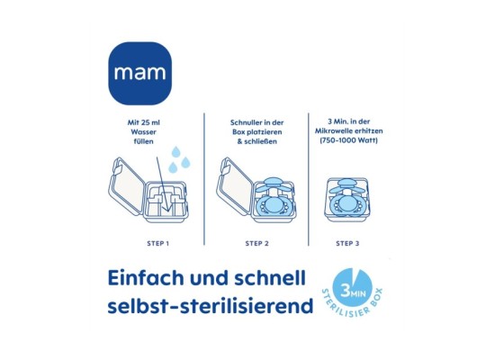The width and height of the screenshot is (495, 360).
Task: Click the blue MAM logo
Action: (140, 72)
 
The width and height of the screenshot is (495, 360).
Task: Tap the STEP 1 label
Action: (157, 243)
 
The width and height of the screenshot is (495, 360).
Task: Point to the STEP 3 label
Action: (348, 243)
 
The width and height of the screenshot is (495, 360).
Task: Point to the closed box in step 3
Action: (348, 193)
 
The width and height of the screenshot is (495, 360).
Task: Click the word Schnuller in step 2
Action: (237, 121)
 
